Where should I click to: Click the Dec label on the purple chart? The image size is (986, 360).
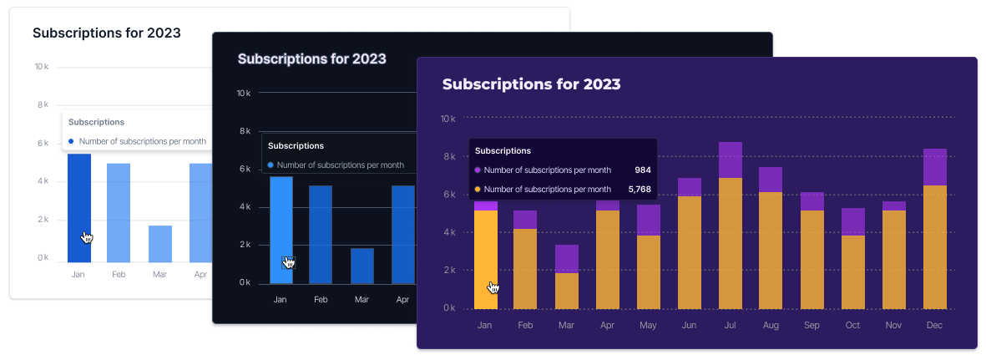[935, 326]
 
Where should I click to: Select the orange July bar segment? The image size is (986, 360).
[731, 242]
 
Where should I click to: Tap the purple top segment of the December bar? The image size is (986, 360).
[935, 166]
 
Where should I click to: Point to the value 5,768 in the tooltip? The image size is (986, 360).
[639, 189]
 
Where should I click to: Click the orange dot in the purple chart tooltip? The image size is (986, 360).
[478, 189]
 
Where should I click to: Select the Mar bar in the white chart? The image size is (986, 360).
[160, 243]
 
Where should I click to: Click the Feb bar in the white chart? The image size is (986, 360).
[119, 212]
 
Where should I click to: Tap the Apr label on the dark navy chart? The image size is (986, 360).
[402, 299]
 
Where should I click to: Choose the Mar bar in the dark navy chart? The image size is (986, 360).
[362, 266]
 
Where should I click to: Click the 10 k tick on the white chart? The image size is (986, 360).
[41, 67]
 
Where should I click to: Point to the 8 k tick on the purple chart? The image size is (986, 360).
[447, 156]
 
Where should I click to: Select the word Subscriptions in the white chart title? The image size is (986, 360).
[73, 33]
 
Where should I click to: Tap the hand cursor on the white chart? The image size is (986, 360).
[87, 238]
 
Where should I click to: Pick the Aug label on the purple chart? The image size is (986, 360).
[771, 326]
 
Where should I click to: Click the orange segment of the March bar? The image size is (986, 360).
[567, 291]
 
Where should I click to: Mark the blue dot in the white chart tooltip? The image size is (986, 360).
[72, 141]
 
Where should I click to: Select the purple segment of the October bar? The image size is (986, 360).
[853, 221]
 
